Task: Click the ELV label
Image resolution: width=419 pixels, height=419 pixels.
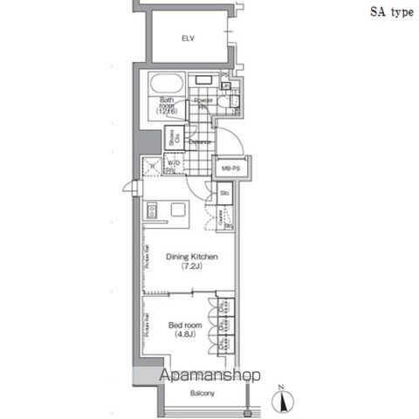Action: (x=187, y=38)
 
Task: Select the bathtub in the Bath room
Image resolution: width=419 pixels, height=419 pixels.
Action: (x=166, y=87)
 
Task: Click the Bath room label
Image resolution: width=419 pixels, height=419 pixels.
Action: (x=167, y=106)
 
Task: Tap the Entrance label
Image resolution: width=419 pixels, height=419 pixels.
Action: (x=202, y=141)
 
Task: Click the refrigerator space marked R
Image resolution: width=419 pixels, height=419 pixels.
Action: (x=152, y=165)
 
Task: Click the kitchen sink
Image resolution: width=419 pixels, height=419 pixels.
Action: (x=151, y=210)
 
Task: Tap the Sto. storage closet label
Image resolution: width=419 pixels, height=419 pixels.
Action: (x=224, y=192)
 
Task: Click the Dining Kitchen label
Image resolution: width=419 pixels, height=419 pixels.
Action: (x=191, y=257)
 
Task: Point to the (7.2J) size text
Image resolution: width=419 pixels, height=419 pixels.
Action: (x=191, y=267)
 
